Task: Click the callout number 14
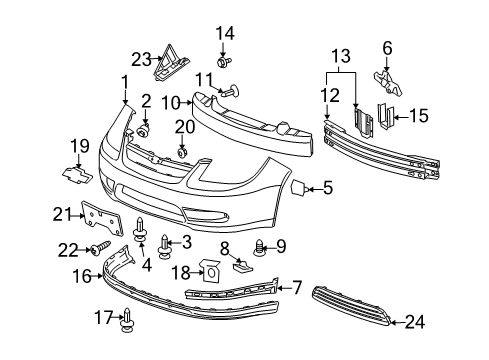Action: [x=226, y=33]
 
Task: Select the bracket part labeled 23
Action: [x=167, y=62]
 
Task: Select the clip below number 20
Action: [x=184, y=151]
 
